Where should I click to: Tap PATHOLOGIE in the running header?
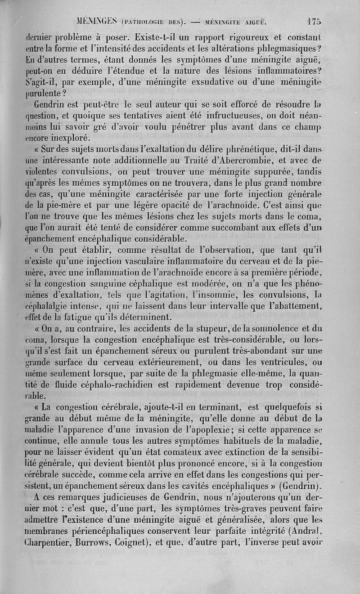coord(145,21)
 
